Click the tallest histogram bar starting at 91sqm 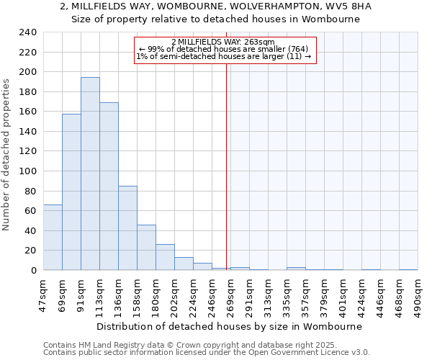pyautogui.click(x=90, y=174)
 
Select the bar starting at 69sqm pyautogui.click(x=71, y=192)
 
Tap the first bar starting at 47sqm pyautogui.click(x=53, y=237)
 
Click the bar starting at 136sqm pyautogui.click(x=127, y=228)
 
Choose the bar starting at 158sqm pyautogui.click(x=146, y=247)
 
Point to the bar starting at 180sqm pyautogui.click(x=165, y=257)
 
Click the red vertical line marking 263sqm pyautogui.click(x=226, y=166)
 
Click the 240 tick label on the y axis pyautogui.click(x=28, y=32)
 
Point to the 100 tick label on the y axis pyautogui.click(x=28, y=171)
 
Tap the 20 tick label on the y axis pyautogui.click(x=31, y=250)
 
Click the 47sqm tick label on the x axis pyautogui.click(x=43, y=293)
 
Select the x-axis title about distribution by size pyautogui.click(x=228, y=326)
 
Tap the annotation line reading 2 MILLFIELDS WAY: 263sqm pyautogui.click(x=223, y=42)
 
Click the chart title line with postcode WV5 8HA pyautogui.click(x=216, y=6)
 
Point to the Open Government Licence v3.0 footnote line pyautogui.click(x=207, y=353)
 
